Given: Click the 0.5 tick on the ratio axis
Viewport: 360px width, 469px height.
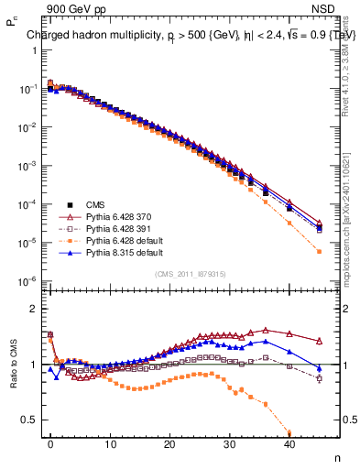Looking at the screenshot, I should pos(29,420).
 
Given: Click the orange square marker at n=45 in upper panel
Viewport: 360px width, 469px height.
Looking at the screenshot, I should pos(319,251).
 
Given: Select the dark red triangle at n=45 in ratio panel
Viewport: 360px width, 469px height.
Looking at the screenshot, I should pos(319,340).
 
